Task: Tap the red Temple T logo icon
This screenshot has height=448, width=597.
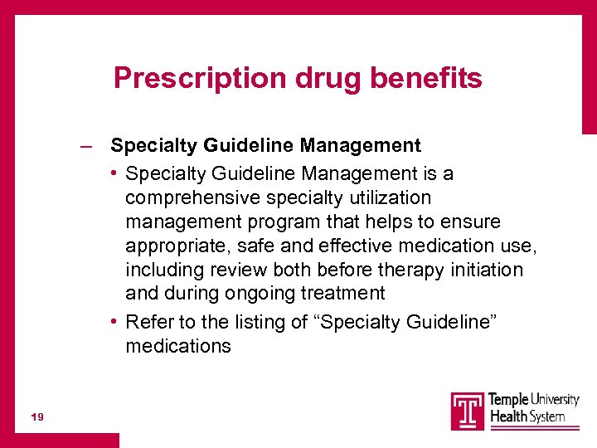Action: (x=468, y=411)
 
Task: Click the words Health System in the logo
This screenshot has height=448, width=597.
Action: (x=527, y=416)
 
